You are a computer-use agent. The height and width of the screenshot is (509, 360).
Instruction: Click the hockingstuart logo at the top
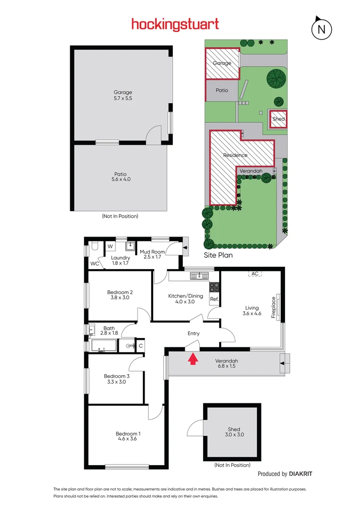(175, 24)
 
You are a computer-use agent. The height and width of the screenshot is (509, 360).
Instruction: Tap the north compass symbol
(321, 29)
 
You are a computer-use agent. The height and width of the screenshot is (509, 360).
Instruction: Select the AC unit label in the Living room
(255, 274)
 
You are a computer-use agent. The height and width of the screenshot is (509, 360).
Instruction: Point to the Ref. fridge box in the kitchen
(214, 299)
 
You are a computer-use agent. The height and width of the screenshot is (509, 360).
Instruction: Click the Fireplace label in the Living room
(273, 307)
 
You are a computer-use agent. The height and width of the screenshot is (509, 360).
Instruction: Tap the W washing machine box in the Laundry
(110, 246)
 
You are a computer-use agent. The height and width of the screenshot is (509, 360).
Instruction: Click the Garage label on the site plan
(222, 63)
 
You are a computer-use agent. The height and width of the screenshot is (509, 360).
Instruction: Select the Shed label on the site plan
(278, 119)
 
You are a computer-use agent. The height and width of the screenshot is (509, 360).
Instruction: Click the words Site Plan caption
(218, 255)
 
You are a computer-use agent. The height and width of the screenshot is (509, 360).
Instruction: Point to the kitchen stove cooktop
(214, 286)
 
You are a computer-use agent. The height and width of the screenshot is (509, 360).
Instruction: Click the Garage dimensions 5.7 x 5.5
(123, 99)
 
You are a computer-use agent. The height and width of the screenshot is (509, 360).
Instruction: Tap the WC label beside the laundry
(95, 263)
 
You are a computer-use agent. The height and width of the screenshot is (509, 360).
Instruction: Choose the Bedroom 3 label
(117, 376)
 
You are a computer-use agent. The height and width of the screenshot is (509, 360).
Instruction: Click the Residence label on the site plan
(235, 155)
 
